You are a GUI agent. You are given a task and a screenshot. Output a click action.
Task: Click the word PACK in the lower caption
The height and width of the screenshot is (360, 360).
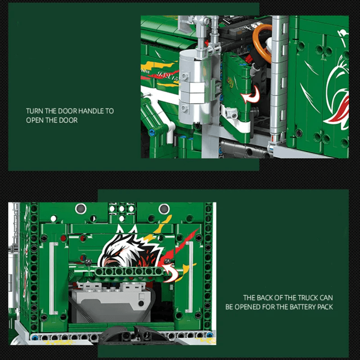pos(325,307)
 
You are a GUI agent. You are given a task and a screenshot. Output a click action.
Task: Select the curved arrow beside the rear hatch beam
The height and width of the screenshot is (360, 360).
pos(171,273)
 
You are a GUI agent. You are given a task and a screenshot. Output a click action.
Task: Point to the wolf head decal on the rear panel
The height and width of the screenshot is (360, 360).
pos(131,248)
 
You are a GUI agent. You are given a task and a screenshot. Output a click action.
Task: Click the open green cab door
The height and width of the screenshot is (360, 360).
pos(235,96)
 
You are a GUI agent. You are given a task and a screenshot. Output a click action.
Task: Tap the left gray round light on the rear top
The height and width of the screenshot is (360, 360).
pos(81,209)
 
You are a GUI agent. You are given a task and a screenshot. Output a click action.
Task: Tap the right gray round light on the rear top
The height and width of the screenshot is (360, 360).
pos(164,209)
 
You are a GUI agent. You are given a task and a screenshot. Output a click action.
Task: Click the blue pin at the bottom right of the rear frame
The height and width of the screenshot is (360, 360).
pos(210,335)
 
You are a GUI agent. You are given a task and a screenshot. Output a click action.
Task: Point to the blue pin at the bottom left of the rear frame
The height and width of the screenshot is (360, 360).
pos(35,337)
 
